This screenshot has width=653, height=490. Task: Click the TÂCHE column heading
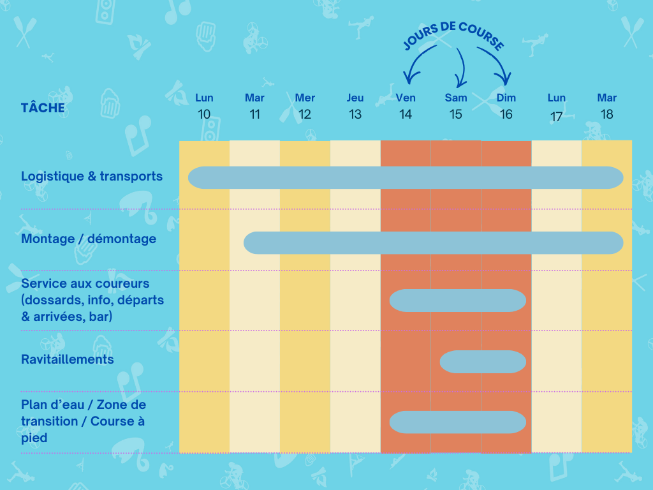click(x=43, y=107)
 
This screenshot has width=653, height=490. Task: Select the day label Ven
click(x=406, y=98)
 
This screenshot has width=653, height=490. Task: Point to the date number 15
click(x=455, y=115)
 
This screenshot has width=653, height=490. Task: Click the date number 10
click(x=204, y=115)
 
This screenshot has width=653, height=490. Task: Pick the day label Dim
click(x=506, y=98)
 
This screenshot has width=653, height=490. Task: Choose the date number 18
click(x=606, y=115)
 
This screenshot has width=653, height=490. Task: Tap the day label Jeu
click(x=355, y=98)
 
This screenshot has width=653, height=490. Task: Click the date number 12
click(x=305, y=115)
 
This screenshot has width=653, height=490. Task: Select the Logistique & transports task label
click(x=92, y=176)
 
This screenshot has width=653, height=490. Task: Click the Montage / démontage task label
click(x=89, y=239)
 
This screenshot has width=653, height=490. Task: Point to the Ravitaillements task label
click(x=68, y=359)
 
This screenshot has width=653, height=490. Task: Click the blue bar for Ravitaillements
click(x=483, y=362)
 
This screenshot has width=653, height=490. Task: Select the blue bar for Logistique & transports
click(x=406, y=177)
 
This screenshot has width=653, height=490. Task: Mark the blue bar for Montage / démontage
click(x=433, y=242)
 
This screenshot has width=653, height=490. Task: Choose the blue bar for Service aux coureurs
click(x=457, y=301)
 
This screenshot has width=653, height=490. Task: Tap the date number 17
click(x=556, y=117)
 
